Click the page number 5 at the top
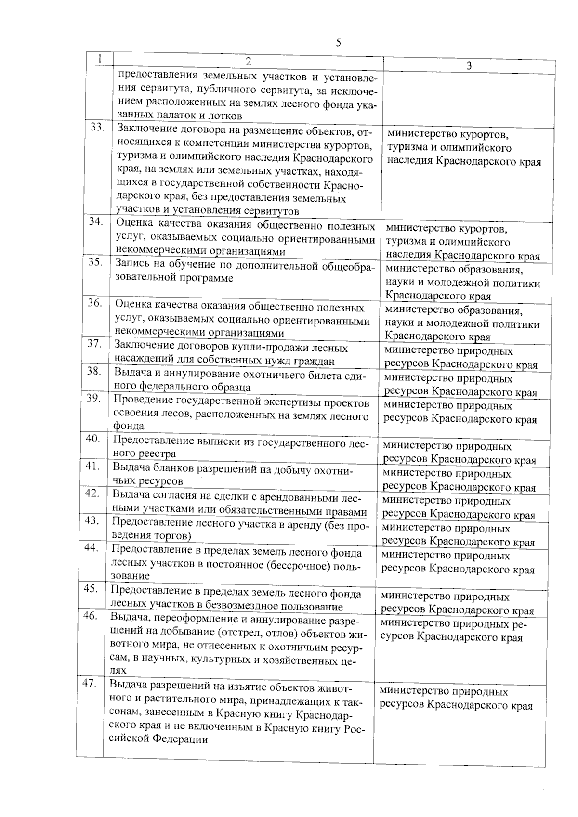[x=338, y=42]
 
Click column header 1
[x=99, y=59]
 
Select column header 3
[x=469, y=66]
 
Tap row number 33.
[x=98, y=127]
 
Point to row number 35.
[x=95, y=262]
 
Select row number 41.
[x=92, y=466]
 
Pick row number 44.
[x=92, y=547]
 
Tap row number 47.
[x=90, y=683]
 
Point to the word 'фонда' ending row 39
[x=128, y=426]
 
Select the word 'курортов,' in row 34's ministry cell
[x=482, y=228]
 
